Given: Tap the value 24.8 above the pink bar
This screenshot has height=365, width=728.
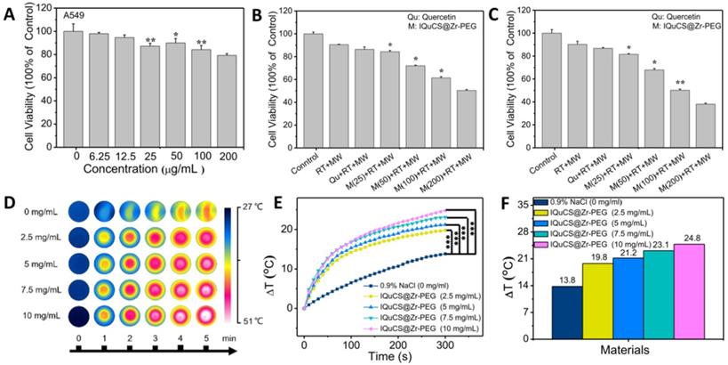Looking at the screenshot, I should pyautogui.click(x=688, y=236).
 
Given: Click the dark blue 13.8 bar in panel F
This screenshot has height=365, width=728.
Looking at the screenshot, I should pyautogui.click(x=566, y=312).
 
